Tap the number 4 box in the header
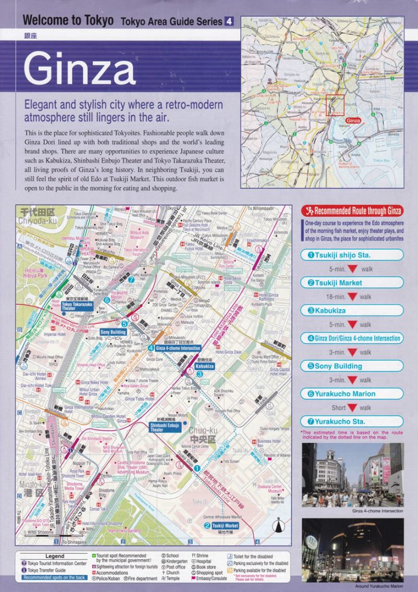229,21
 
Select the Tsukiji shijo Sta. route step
352,255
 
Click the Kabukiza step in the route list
352,310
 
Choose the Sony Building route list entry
352,366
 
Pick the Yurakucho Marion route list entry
352,394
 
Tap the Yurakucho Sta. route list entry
352,421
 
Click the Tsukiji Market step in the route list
352,283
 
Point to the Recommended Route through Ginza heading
352,211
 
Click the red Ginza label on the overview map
353,120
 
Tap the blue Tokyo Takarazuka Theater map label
76,306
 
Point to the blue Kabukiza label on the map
204,366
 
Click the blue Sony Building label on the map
113,332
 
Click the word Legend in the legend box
55,556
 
